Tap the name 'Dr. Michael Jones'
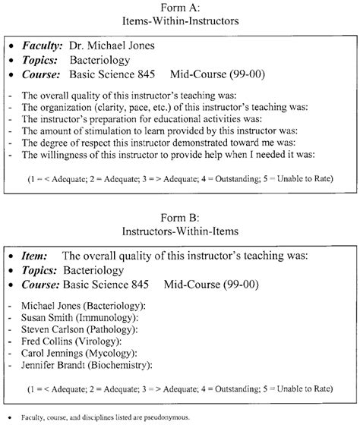pyautogui.click(x=112, y=46)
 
